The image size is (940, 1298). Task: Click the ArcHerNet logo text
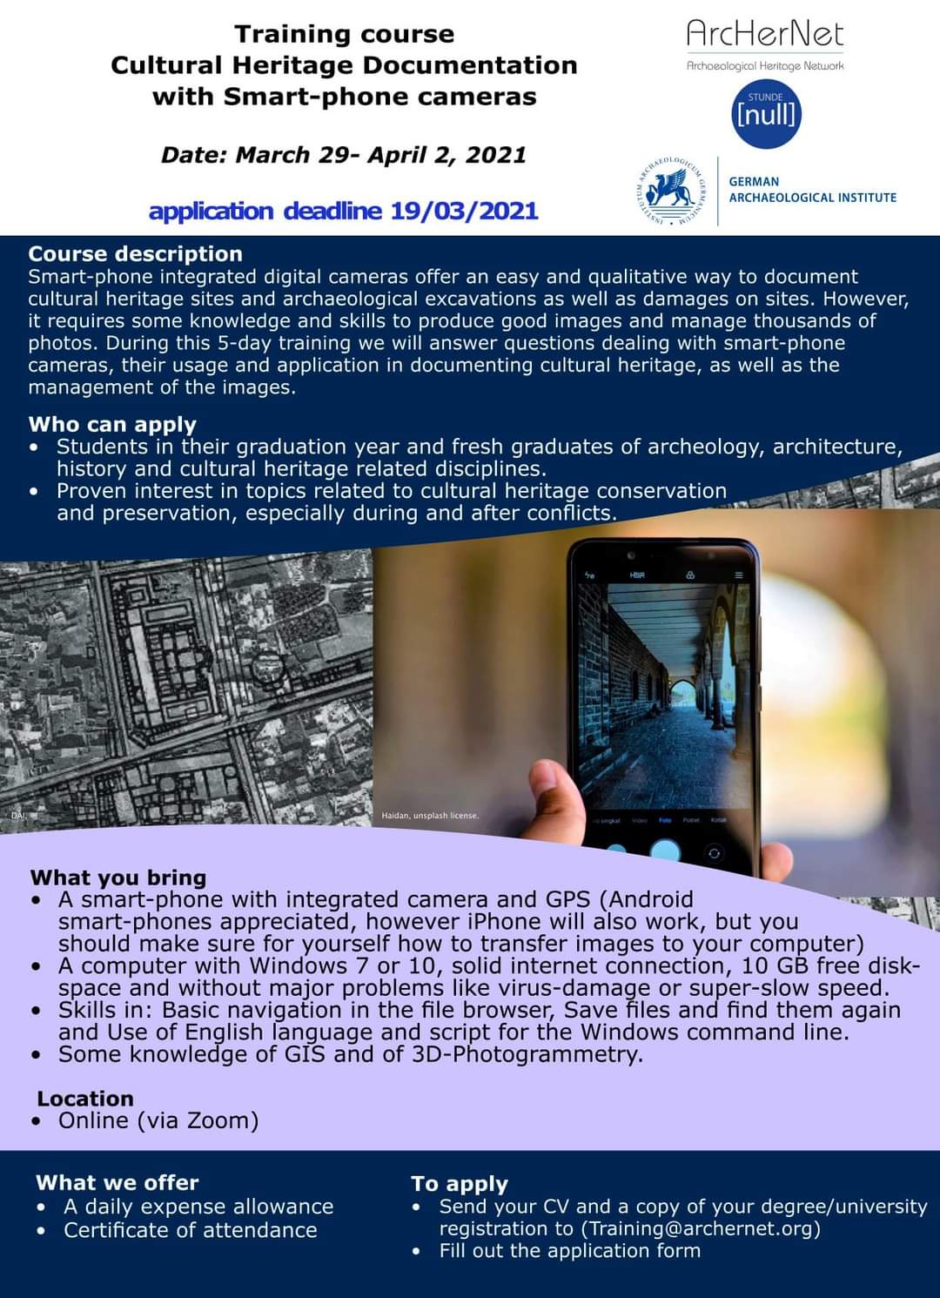pos(765,35)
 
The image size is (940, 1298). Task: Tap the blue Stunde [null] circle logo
pos(766,113)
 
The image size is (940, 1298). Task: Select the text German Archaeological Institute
pos(812,190)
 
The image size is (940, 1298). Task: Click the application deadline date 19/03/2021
pos(464,211)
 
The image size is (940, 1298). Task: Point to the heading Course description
pos(135,254)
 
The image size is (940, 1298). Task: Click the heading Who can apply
pos(112,424)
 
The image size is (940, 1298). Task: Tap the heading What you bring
pos(118,878)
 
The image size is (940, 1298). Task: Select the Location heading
pos(85,1099)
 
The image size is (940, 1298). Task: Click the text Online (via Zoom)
pos(158,1120)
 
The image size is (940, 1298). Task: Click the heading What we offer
pos(117,1182)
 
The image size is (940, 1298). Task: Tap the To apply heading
pos(459,1184)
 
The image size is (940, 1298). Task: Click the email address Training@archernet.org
pos(703,1228)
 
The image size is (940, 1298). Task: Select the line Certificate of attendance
pos(190,1230)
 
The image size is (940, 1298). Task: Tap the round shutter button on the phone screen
pos(665,850)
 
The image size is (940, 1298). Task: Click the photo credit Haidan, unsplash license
pos(430,816)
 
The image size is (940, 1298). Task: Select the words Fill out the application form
pos(569,1251)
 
